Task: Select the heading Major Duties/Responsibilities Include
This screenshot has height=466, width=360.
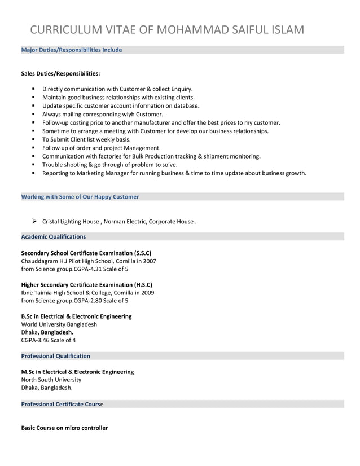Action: tap(71, 50)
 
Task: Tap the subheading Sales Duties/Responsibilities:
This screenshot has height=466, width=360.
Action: tap(60, 73)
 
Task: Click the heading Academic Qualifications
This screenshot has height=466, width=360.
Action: tap(53, 236)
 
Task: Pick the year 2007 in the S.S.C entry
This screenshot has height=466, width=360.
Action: tap(150, 261)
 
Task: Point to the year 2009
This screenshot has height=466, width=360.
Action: tap(147, 293)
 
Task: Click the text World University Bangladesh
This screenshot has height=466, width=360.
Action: tap(59, 324)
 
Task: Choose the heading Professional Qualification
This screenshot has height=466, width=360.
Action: tap(55, 356)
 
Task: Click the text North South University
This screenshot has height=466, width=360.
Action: tap(51, 380)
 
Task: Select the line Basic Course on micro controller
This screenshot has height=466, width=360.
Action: tap(64, 428)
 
